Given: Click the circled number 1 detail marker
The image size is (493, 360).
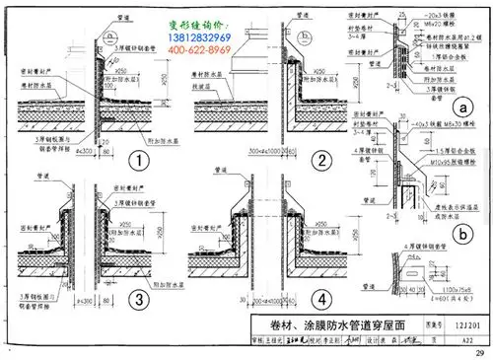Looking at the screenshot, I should click(x=140, y=160).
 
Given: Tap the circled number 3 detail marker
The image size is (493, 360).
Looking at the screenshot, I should click(x=140, y=298).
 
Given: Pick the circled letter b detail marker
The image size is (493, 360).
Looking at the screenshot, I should click(x=461, y=234).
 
